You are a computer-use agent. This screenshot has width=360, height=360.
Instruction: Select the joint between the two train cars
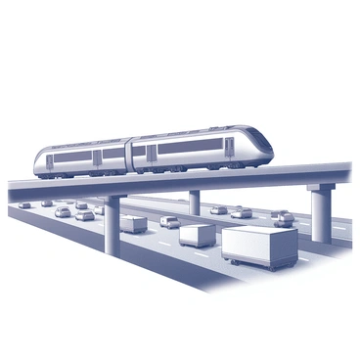click(130, 156)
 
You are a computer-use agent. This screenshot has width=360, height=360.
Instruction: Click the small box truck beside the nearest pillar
click(134, 224)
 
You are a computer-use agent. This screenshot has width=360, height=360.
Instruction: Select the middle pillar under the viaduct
click(195, 202)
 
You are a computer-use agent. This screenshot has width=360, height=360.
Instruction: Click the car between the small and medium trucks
click(169, 222)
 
